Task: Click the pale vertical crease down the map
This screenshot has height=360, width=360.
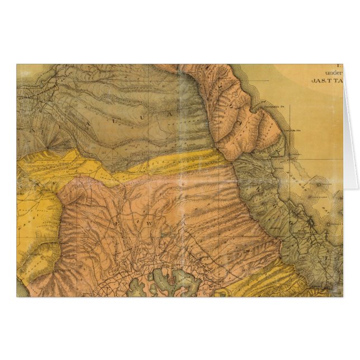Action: pyautogui.click(x=180, y=168)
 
